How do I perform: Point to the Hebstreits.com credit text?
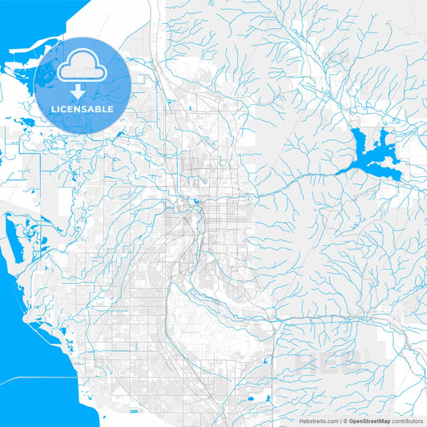pyautogui.click(x=316, y=420)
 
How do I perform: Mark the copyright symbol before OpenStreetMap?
pyautogui.click(x=345, y=420)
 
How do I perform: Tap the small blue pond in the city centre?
pyautogui.click(x=195, y=202)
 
